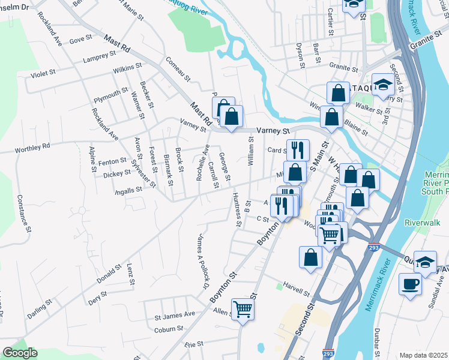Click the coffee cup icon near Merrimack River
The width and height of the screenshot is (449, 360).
410,284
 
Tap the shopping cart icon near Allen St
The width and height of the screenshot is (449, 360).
243,310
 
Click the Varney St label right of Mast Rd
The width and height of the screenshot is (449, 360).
273,130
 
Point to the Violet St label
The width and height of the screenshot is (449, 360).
43,76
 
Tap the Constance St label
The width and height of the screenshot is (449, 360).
23,213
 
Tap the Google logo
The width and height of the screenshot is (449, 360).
20,353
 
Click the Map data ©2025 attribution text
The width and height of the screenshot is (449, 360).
423,355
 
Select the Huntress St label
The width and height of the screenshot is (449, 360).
235,211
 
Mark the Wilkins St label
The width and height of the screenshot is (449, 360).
127,68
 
